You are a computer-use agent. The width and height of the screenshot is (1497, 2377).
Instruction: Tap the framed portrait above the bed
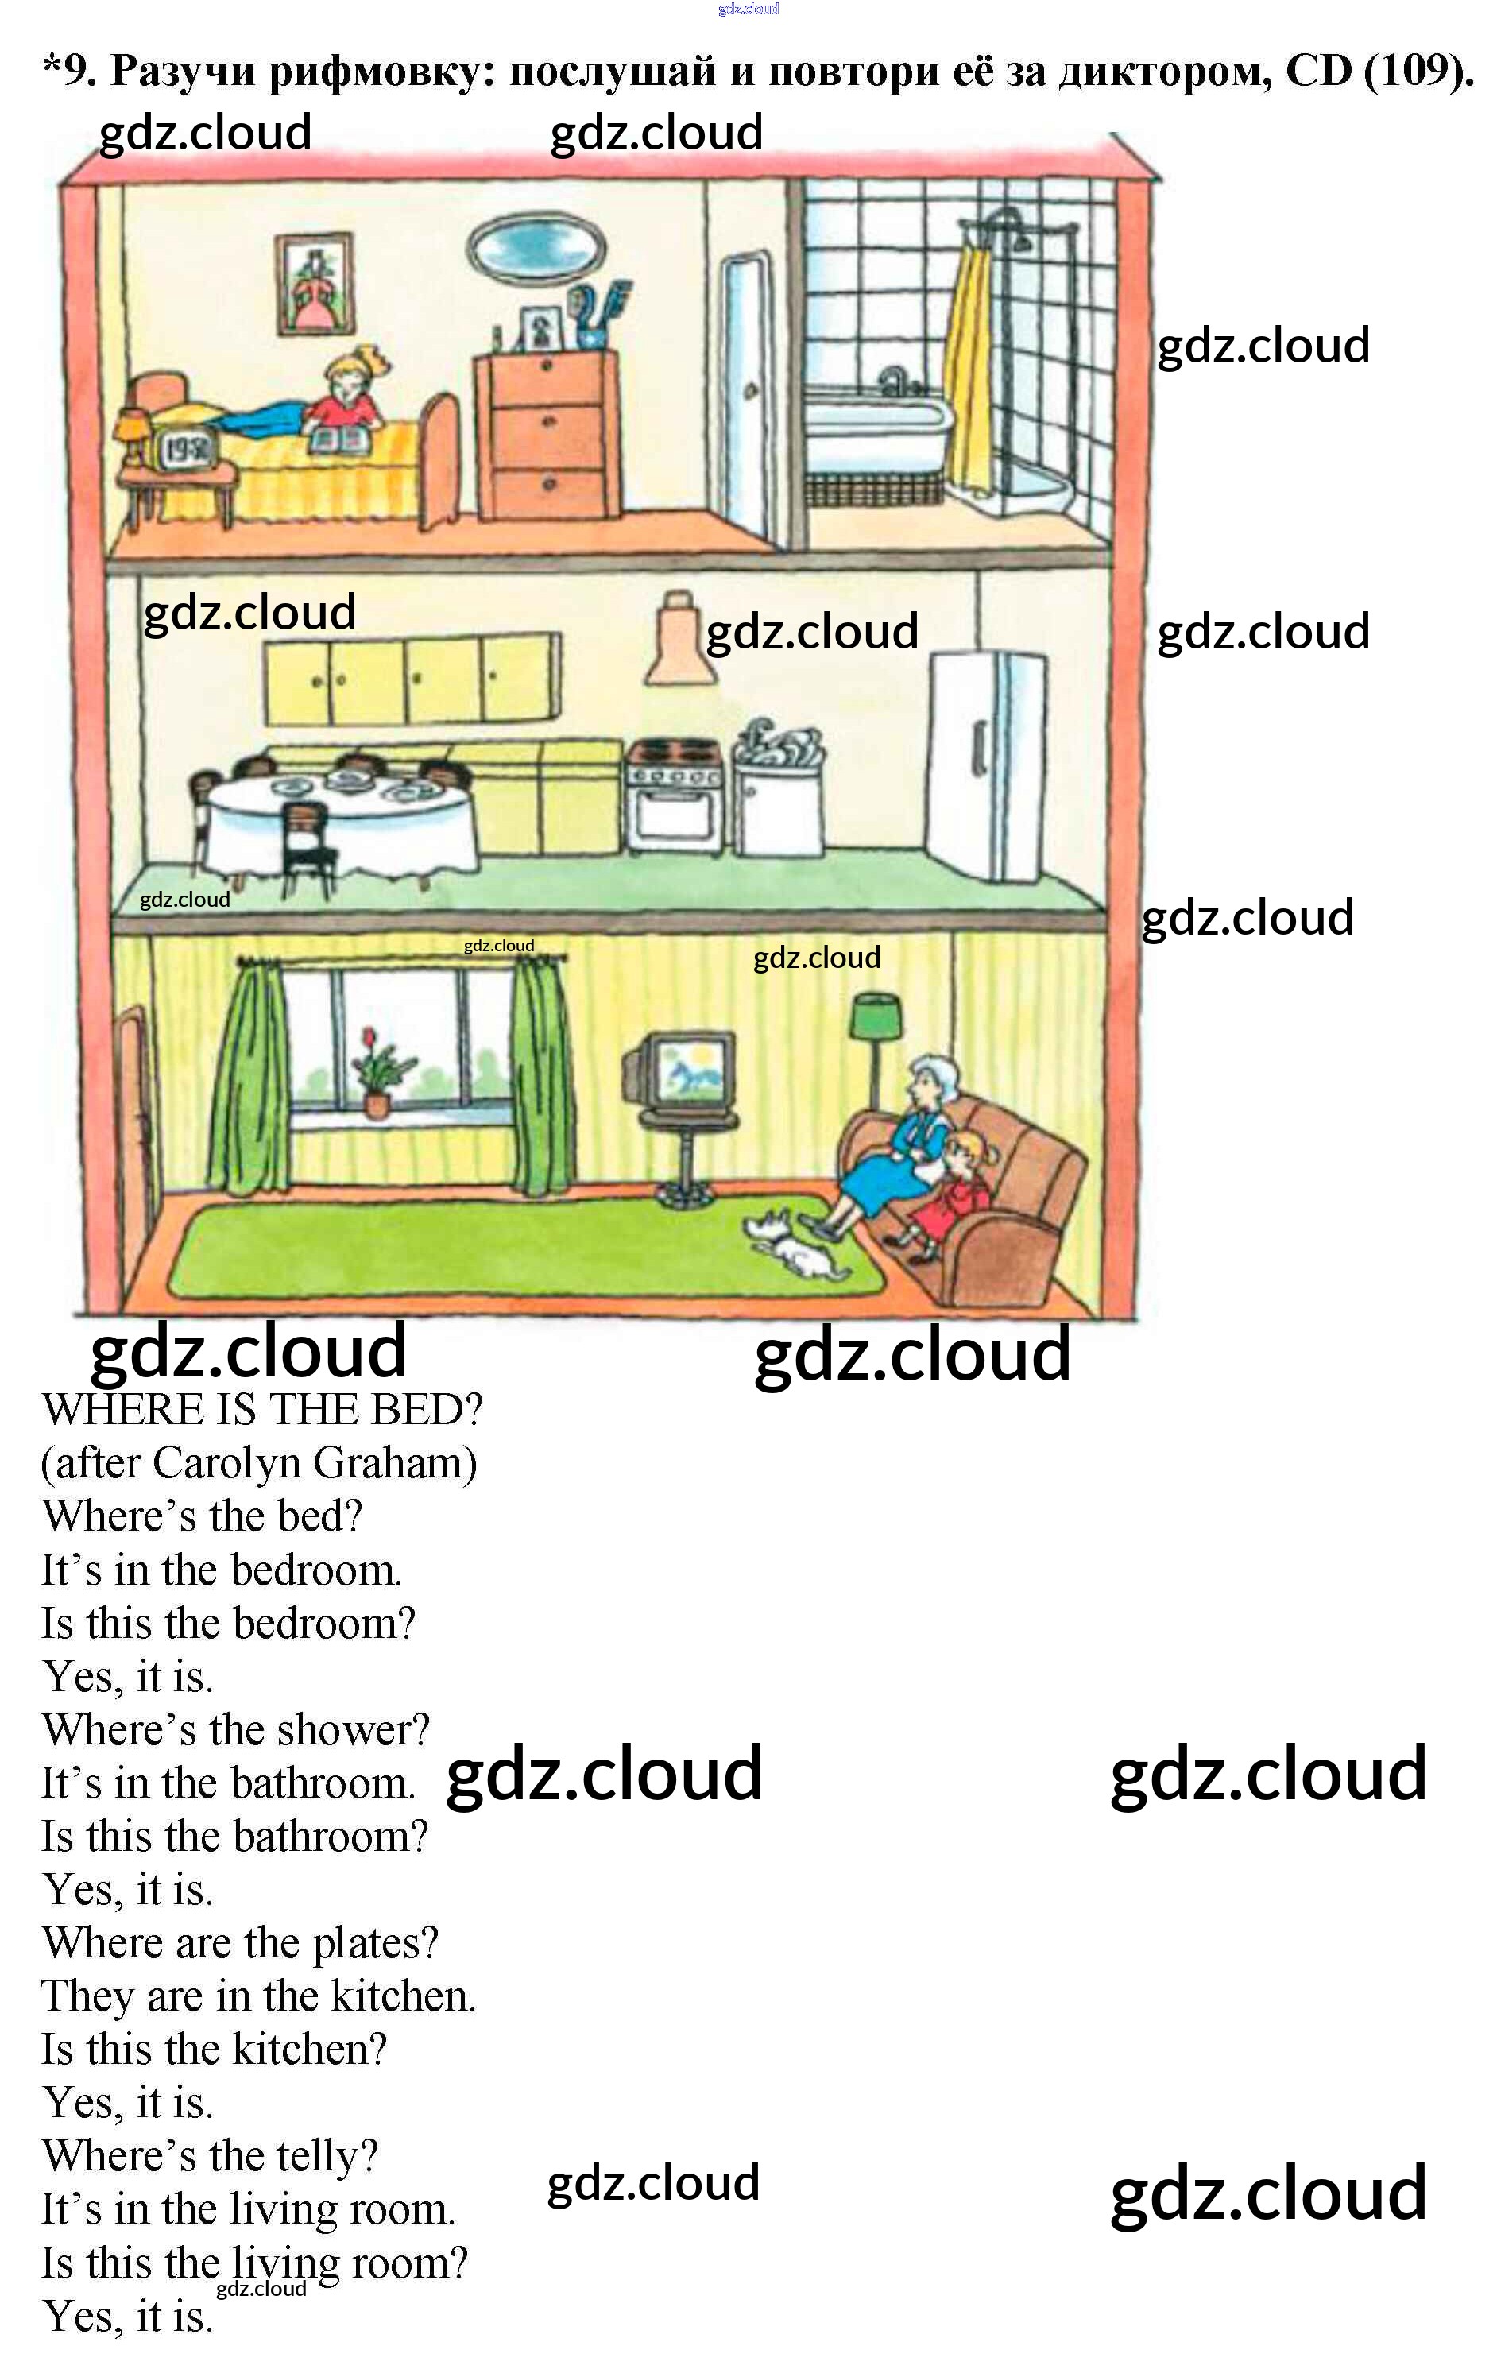click(314, 285)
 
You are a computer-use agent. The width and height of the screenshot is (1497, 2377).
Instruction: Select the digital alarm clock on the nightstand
click(187, 450)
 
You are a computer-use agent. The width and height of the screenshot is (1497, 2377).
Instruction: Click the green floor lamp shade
click(876, 1016)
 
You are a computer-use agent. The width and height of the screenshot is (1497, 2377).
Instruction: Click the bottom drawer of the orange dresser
click(549, 486)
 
